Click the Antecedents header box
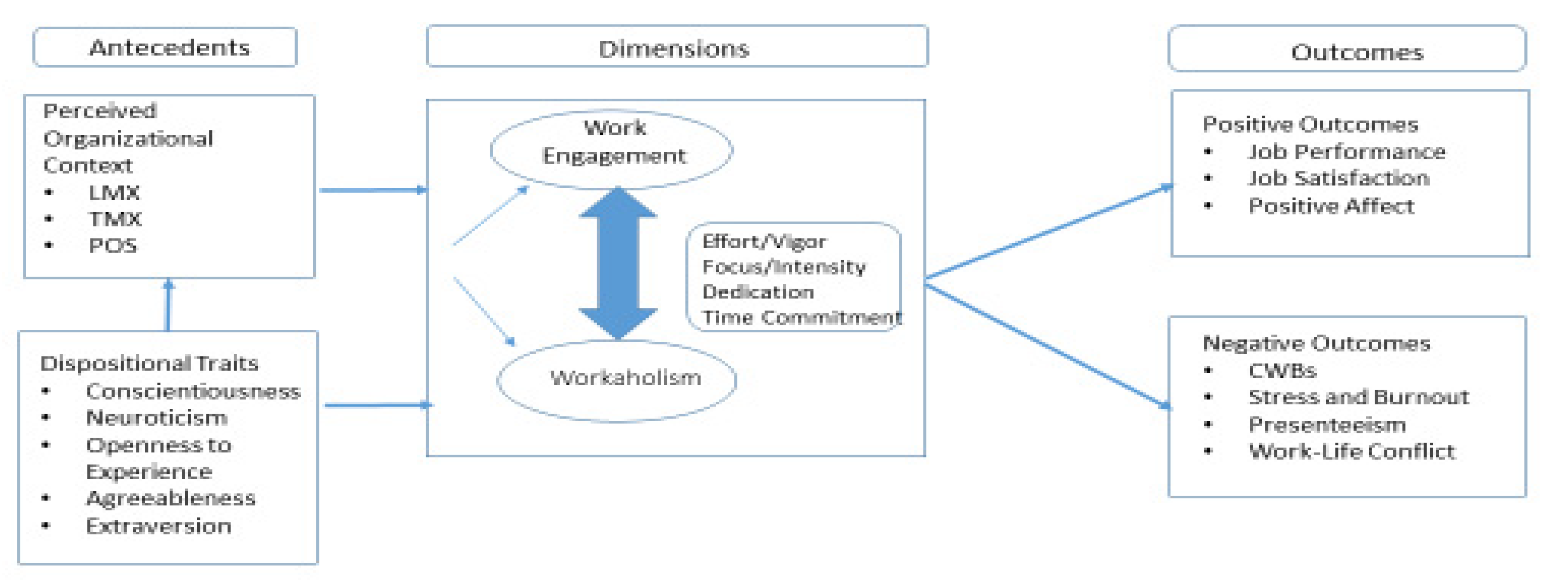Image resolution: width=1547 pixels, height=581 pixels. tap(165, 47)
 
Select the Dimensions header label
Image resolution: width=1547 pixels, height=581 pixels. tap(674, 49)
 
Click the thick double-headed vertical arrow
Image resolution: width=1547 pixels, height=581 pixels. tap(618, 262)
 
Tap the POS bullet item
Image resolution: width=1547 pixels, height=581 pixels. tap(112, 246)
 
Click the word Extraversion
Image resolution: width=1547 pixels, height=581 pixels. tap(159, 526)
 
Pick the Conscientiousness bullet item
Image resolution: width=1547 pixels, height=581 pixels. tap(193, 392)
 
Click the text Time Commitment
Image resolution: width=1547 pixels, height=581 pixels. tap(802, 317)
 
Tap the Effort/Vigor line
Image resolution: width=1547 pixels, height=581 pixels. tap(764, 242)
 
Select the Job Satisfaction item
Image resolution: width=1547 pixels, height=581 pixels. tap(1338, 178)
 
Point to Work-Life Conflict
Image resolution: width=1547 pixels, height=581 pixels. tap(1351, 451)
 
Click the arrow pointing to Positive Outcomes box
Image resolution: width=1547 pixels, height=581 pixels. tap(1048, 232)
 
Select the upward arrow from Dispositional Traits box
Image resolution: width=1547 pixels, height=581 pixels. tap(168, 304)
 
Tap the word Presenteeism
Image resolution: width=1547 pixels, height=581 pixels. tap(1327, 425)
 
